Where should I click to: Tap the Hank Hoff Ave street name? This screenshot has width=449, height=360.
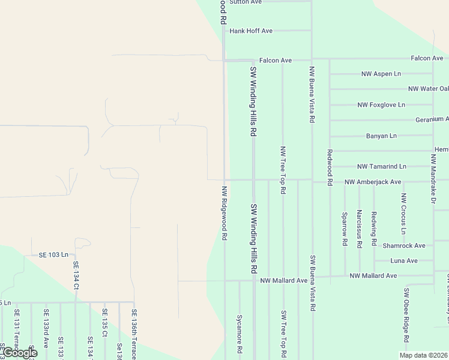[251, 31]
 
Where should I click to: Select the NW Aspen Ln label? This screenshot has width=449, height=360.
[381, 74]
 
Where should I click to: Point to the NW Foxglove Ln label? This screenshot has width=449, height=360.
[381, 104]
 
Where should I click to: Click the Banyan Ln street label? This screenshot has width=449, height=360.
[381, 136]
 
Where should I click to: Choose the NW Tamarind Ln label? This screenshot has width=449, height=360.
[382, 166]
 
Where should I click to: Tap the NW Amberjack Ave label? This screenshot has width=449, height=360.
[373, 182]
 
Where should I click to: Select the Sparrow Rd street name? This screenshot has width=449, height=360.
[345, 228]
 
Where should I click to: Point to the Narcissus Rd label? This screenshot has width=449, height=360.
[359, 229]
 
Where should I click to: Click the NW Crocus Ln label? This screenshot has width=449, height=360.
[403, 214]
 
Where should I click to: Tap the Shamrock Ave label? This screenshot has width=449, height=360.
[404, 245]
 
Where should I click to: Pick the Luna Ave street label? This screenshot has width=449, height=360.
[404, 261]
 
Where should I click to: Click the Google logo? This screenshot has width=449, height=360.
[19, 352]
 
